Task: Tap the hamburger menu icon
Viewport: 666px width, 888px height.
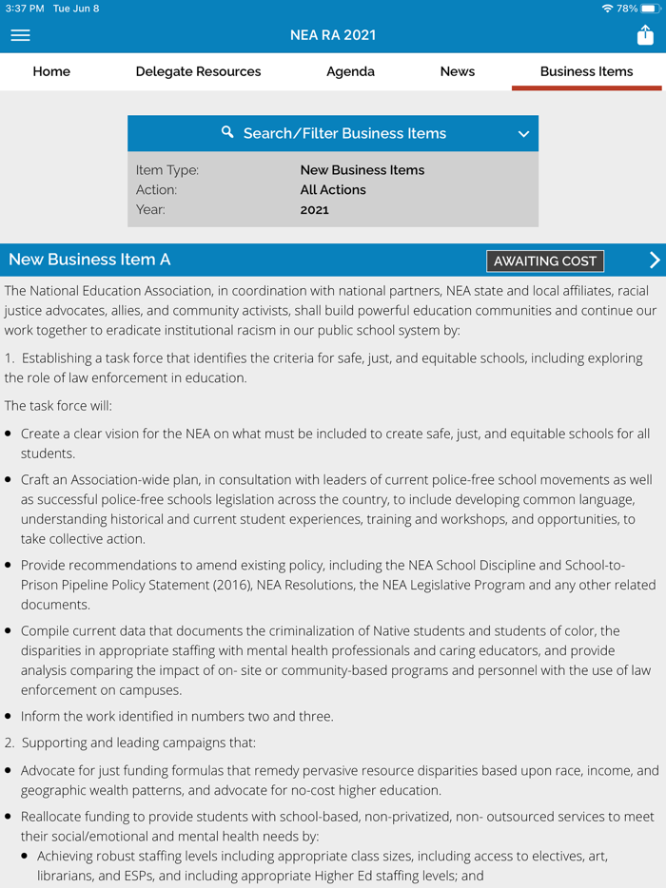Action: point(20,35)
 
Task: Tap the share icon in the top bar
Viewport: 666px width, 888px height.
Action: point(645,35)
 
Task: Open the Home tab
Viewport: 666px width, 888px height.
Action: point(51,71)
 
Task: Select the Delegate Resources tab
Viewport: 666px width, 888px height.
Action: point(198,71)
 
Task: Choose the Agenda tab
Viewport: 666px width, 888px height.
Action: point(350,71)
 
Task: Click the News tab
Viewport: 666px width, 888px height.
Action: point(458,71)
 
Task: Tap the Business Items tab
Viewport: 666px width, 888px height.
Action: point(586,71)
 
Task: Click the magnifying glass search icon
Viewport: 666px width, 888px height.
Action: point(227,132)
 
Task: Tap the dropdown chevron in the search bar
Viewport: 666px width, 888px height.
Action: point(523,134)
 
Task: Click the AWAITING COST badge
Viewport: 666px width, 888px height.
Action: point(545,261)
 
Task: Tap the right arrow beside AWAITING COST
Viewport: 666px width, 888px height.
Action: point(654,260)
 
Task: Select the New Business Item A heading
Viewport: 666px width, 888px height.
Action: point(89,260)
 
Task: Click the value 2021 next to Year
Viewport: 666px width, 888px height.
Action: point(314,209)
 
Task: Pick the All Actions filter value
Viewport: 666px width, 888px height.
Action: point(333,190)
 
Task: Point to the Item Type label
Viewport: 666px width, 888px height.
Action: point(167,170)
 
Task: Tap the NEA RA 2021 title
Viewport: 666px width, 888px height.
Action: point(333,35)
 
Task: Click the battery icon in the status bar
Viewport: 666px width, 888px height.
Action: point(651,9)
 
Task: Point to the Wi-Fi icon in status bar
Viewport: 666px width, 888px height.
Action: point(607,9)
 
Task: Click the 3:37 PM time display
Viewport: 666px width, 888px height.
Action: point(25,9)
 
